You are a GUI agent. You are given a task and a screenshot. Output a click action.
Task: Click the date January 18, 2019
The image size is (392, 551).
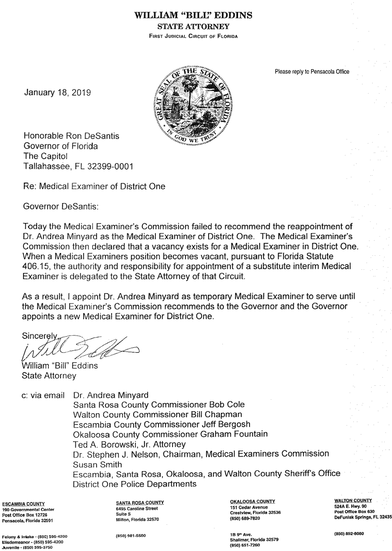pos(57,92)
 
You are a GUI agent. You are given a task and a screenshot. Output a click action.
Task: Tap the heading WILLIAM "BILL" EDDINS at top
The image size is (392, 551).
pos(194,16)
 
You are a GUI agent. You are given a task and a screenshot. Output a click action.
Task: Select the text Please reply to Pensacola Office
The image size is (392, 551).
pos(311,72)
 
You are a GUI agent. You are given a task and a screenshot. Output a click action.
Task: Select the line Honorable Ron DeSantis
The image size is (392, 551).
pos(71,136)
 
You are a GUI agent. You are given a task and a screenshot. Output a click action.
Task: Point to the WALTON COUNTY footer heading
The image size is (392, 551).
pos(353,501)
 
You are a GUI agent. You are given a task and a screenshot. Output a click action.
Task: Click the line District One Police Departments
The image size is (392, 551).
pos(135,484)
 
